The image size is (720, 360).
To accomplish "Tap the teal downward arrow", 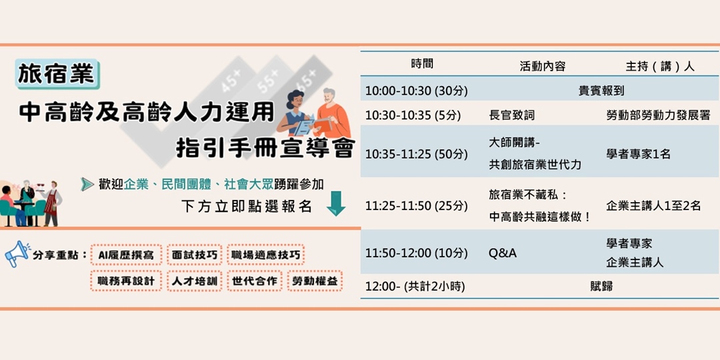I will [336, 204].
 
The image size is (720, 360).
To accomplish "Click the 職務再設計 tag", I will [125, 281].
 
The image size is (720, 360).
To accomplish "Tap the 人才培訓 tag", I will [193, 281].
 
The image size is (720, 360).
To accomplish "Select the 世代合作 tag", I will [254, 281].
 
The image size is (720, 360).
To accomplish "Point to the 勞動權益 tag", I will [315, 281].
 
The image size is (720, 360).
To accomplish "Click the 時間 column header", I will [422, 65].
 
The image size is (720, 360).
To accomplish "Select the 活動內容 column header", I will [542, 66].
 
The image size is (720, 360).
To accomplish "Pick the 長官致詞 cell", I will [511, 115].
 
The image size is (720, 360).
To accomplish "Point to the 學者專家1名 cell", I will [638, 154].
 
